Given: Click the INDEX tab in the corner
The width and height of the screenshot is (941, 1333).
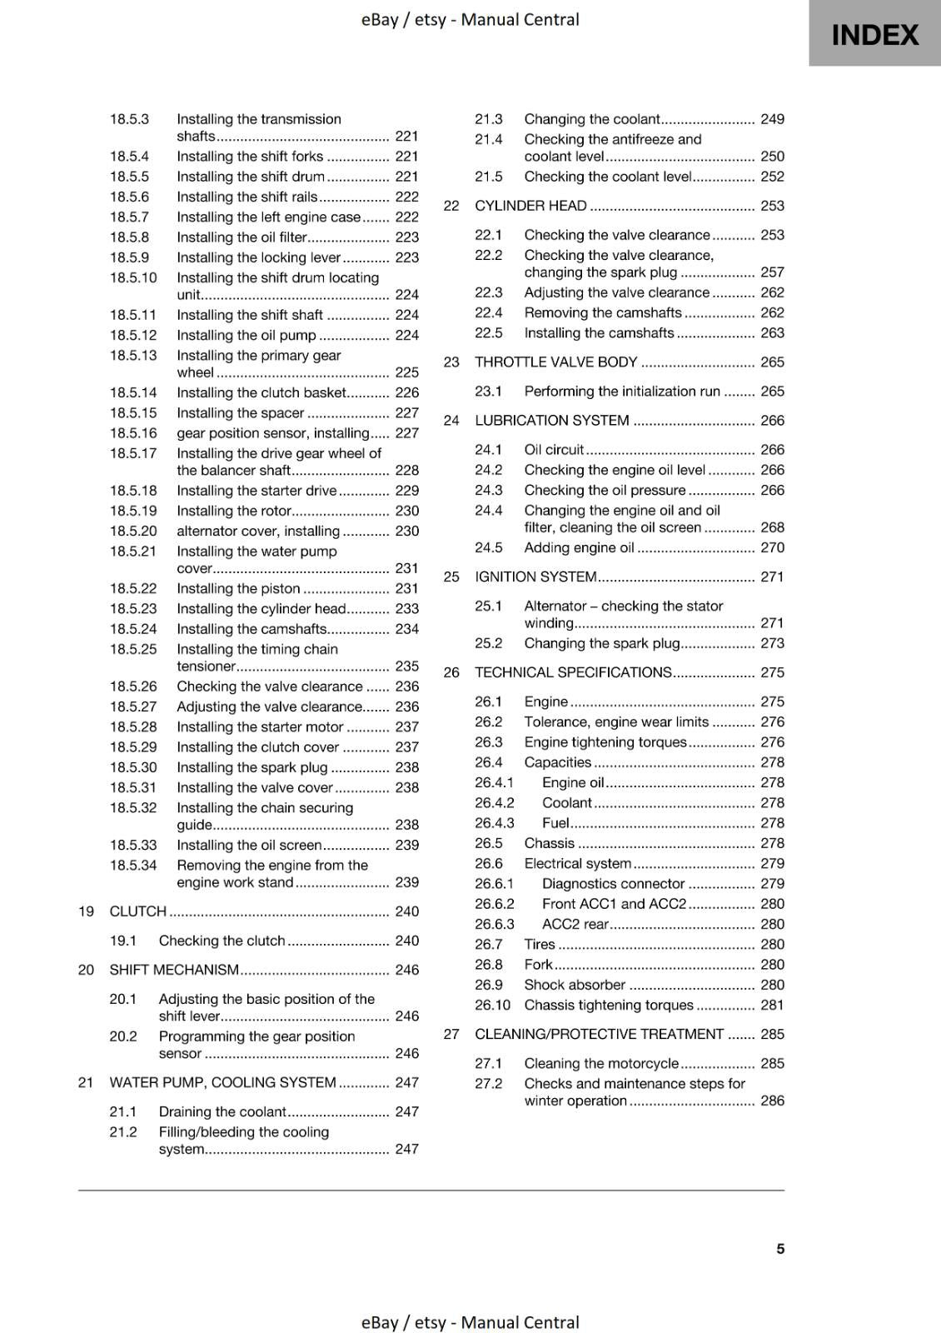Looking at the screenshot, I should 874,34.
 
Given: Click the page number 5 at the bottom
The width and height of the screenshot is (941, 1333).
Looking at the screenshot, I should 780,1248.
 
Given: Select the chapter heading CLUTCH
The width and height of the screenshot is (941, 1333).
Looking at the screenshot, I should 138,911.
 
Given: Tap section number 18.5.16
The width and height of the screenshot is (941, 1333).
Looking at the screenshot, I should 133,433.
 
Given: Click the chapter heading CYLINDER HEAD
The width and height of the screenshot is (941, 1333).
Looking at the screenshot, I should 530,206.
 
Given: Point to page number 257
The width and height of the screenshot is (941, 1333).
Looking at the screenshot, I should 772,272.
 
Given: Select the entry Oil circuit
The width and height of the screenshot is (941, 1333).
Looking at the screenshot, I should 554,450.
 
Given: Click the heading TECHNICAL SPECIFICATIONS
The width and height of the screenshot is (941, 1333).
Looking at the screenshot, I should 573,672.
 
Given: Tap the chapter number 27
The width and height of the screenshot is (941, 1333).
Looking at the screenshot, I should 451,1034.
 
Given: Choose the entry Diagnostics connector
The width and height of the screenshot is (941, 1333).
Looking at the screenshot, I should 613,884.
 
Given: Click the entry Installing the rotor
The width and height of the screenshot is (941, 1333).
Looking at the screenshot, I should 233,511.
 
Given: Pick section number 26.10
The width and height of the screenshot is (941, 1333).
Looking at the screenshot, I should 492,1005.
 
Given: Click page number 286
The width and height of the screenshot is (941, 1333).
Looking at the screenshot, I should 772,1101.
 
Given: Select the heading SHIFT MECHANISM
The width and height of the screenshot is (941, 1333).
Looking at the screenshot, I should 174,970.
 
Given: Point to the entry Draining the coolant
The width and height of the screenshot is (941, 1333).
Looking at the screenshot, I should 222,1111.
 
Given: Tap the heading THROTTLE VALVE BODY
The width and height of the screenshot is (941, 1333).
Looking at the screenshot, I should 555,362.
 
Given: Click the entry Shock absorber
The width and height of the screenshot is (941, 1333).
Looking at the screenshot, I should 575,985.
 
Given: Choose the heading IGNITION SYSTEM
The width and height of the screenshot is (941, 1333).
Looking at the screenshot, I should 535,577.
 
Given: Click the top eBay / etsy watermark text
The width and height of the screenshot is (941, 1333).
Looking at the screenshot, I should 470,19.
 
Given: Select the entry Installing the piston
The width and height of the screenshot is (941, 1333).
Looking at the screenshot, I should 238,588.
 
